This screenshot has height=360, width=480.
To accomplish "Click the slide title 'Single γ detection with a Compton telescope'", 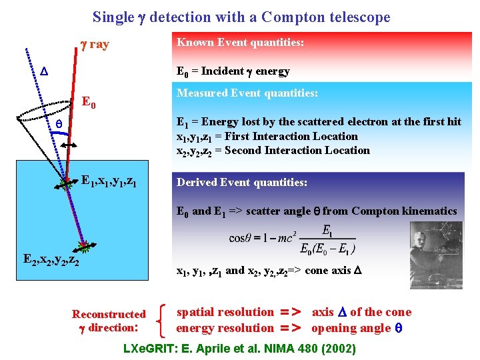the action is pyautogui.click(x=241, y=17).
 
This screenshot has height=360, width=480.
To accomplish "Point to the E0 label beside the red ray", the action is pyautogui.click(x=89, y=103).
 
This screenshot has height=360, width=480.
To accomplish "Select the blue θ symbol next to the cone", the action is pyautogui.click(x=58, y=125).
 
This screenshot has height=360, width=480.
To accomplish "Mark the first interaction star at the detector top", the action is pyautogui.click(x=65, y=182).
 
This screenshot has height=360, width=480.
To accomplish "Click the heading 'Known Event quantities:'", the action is pyautogui.click(x=240, y=43).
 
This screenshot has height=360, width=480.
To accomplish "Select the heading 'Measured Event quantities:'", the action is pyautogui.click(x=247, y=93).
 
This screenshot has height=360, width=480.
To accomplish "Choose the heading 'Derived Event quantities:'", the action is pyautogui.click(x=241, y=182).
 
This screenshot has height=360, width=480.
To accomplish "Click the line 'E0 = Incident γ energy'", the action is pyautogui.click(x=233, y=71).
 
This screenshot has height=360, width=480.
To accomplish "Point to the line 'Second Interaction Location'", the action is pyautogui.click(x=273, y=151).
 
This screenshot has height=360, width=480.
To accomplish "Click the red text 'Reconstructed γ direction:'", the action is pyautogui.click(x=109, y=321).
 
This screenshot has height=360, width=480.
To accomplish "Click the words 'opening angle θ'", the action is pyautogui.click(x=361, y=328).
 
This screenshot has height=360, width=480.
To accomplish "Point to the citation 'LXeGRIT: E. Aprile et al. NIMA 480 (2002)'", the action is pyautogui.click(x=240, y=348).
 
